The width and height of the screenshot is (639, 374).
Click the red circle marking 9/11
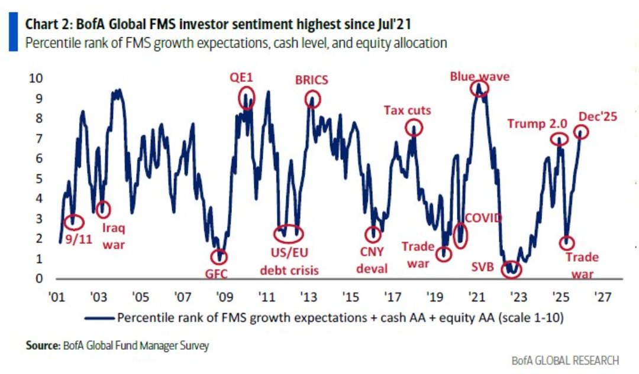coord(73,221)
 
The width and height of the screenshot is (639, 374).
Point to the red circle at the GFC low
coord(220,257)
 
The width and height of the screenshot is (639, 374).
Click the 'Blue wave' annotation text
coord(479,76)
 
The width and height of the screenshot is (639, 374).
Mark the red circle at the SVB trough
coord(511,269)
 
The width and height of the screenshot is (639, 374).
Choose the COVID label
coord(483,218)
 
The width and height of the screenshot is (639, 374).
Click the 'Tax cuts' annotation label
coord(407,110)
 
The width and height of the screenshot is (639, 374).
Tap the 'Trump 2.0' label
coord(537,123)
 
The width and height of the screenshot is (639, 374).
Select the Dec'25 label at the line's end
coord(598,116)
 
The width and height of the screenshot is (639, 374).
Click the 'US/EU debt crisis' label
coord(290,263)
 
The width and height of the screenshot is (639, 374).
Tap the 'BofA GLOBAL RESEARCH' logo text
coord(566,360)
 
